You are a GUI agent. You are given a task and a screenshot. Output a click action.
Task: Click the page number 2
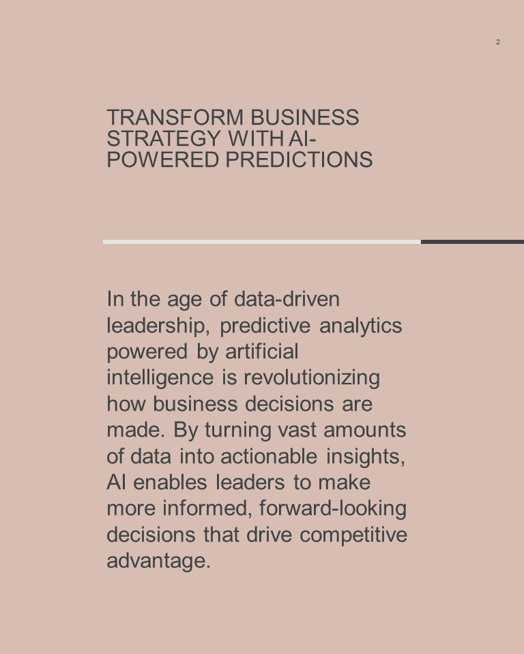497,42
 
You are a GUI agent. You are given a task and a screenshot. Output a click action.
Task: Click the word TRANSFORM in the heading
175,117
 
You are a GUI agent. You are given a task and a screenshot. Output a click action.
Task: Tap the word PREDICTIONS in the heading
300,159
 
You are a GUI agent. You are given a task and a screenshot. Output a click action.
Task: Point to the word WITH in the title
256,138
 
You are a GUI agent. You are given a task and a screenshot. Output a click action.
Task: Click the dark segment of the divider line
472,242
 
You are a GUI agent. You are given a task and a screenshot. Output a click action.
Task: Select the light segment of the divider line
262,242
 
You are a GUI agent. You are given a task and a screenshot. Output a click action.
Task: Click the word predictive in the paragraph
265,326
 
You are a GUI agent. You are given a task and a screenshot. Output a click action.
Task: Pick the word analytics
361,326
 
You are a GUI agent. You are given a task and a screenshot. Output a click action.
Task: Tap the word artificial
262,352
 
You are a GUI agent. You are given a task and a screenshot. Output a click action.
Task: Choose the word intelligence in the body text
160,378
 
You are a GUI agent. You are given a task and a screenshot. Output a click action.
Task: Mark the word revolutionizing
312,378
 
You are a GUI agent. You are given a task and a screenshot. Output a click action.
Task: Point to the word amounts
365,430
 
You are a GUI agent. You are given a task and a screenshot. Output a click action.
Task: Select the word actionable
269,456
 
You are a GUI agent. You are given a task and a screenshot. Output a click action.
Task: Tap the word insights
366,456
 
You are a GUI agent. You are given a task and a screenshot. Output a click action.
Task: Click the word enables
170,482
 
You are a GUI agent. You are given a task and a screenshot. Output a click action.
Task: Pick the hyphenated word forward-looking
333,509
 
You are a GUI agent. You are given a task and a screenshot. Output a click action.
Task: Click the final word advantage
159,561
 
